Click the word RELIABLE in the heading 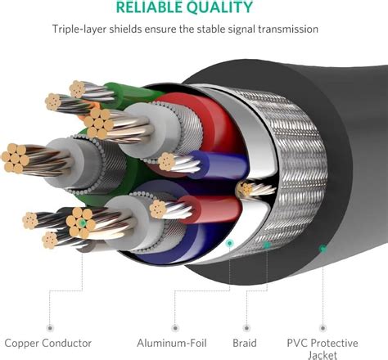click(155, 9)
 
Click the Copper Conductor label click(47, 343)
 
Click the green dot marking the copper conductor click(83, 223)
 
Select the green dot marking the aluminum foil click(229, 243)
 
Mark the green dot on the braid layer click(267, 244)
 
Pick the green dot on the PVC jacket click(323, 248)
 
